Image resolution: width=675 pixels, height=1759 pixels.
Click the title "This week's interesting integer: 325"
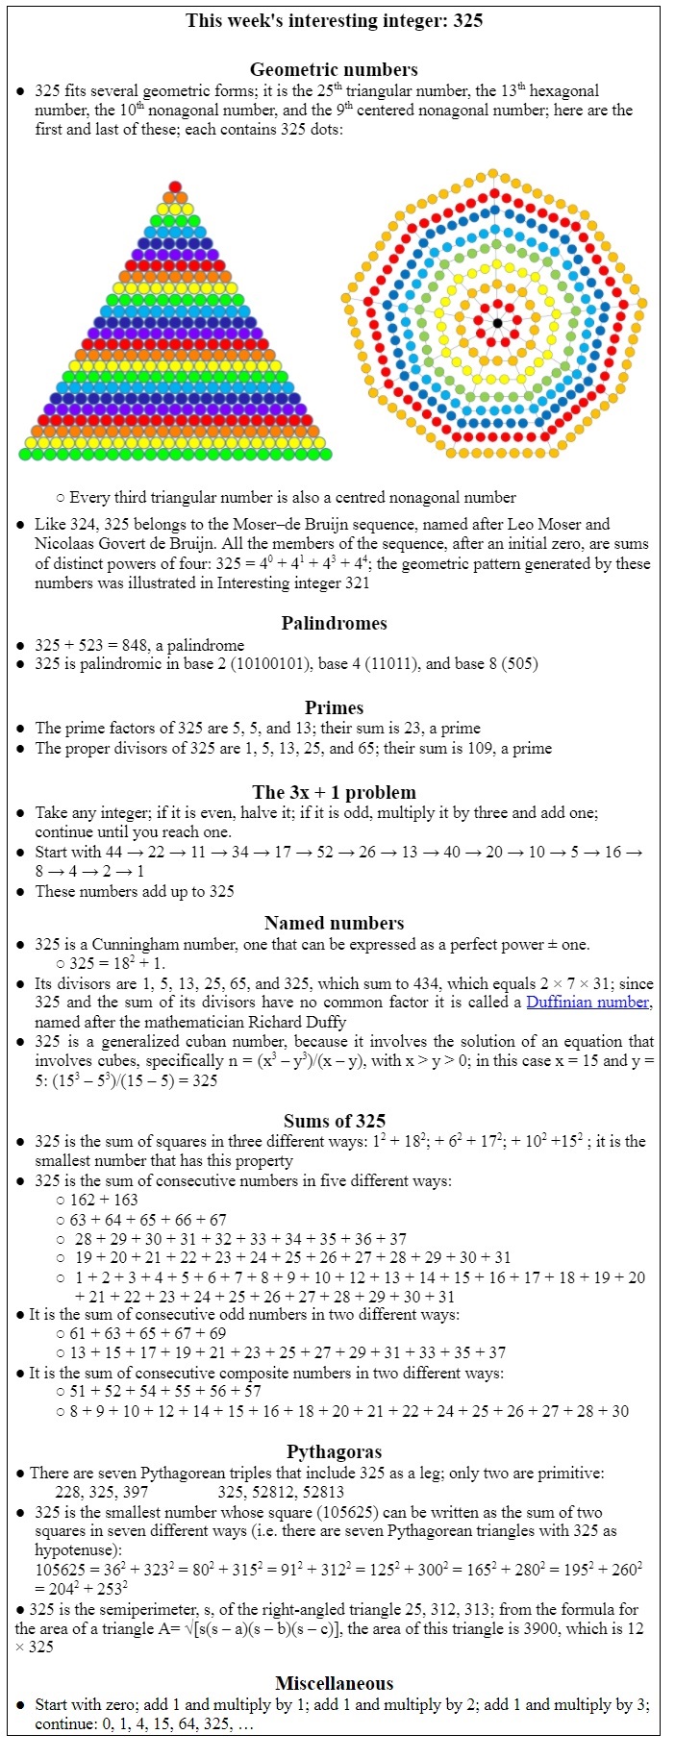(x=334, y=20)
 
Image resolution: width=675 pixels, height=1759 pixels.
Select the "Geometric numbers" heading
(x=334, y=69)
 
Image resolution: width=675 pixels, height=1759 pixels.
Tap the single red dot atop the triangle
(x=175, y=186)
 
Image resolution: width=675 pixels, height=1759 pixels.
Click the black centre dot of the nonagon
(x=497, y=322)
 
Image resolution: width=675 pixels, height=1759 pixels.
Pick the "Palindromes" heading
(x=334, y=623)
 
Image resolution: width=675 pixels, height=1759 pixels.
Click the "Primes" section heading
(x=334, y=707)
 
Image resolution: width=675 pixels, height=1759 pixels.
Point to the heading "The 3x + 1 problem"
(x=334, y=792)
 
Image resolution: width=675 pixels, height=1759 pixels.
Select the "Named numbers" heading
(x=334, y=923)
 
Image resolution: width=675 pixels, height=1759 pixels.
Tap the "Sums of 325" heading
(x=334, y=1121)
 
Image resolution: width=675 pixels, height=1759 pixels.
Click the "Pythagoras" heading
(x=334, y=1451)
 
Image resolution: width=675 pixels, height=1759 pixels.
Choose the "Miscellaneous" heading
(x=334, y=1683)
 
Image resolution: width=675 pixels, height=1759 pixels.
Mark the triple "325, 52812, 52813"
(x=281, y=1492)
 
